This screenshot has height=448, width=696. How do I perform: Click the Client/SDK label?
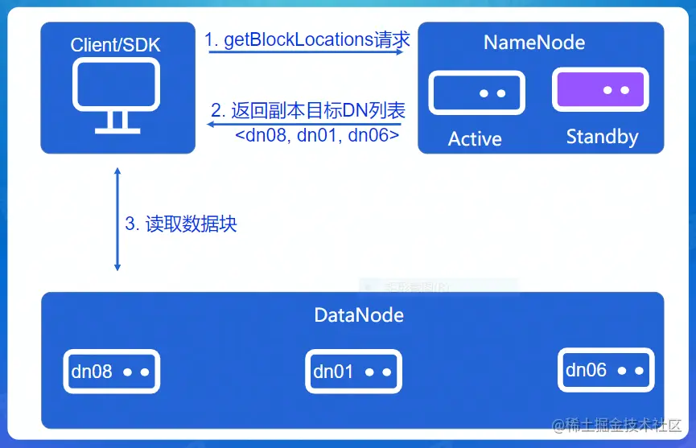tap(116, 45)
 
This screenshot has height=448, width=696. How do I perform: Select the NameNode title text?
tap(533, 43)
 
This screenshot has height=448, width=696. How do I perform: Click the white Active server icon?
tap(477, 92)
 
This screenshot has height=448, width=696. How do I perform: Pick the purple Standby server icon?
tap(600, 89)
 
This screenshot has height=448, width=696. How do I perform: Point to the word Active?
tap(475, 139)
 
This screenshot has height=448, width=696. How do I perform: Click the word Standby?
tap(602, 137)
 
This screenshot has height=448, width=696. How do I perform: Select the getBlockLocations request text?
tap(307, 39)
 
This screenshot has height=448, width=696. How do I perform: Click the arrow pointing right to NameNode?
tap(307, 51)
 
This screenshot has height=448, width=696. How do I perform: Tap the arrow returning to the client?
tap(305, 125)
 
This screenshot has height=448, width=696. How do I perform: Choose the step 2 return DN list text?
tap(307, 110)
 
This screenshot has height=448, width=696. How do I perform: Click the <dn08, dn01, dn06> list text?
tap(316, 136)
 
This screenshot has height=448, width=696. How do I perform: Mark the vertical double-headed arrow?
tap(117, 220)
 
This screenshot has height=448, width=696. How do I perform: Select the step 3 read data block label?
tap(180, 224)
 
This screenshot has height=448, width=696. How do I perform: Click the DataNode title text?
tap(359, 314)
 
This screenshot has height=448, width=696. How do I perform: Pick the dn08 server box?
tap(112, 372)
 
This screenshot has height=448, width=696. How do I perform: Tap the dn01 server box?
tap(353, 372)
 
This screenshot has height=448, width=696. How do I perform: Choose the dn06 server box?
tap(605, 370)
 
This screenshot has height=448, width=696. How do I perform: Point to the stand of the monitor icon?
tap(117, 121)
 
